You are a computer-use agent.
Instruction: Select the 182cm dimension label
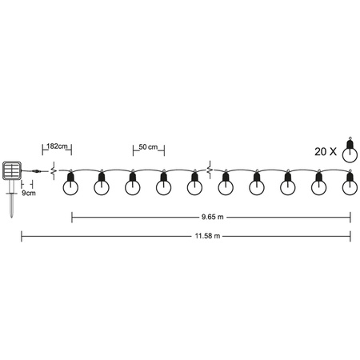(57, 147)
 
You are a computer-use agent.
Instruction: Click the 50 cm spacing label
(148, 147)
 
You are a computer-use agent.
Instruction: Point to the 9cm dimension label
(29, 193)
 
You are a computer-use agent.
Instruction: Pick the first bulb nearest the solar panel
(70, 186)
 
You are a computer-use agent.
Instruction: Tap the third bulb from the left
(132, 186)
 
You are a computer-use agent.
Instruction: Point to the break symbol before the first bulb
(54, 170)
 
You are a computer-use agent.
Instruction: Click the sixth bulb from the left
(226, 186)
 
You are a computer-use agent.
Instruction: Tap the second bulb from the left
(102, 186)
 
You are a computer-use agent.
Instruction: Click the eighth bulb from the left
(287, 186)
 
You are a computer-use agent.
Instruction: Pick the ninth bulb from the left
(318, 186)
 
